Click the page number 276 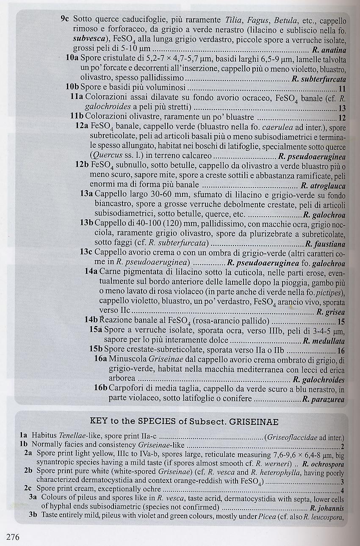click(14, 537)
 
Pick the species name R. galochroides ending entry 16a click(318, 380)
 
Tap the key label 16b click(101, 389)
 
